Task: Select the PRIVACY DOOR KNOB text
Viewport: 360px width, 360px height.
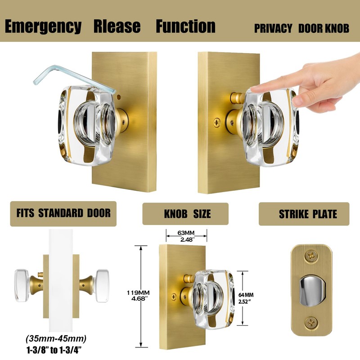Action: (301, 28)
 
